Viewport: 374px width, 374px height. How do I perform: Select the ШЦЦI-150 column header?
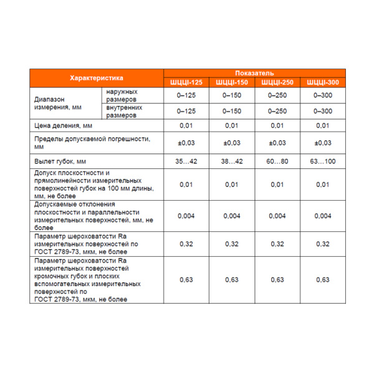tap(231, 82)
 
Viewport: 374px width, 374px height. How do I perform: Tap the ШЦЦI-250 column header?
tap(277, 82)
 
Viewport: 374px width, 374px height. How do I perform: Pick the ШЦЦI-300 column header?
tap(322, 82)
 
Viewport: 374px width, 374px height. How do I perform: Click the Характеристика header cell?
tap(97, 78)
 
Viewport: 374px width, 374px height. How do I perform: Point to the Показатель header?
tap(254, 74)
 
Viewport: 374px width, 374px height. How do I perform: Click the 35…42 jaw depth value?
tap(186, 161)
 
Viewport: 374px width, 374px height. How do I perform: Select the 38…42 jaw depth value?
tap(231, 161)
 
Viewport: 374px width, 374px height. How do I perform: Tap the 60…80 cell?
tap(277, 161)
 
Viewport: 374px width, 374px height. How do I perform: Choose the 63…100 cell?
tap(322, 161)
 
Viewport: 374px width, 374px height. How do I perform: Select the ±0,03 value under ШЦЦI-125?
tap(186, 143)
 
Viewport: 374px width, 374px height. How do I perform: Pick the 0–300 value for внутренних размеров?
tap(322, 111)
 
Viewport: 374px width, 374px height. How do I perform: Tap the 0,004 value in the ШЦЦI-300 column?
tap(322, 216)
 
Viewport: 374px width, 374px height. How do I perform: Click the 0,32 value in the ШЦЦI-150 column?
tap(231, 244)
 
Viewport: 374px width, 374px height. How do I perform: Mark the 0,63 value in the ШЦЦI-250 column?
tap(277, 280)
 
